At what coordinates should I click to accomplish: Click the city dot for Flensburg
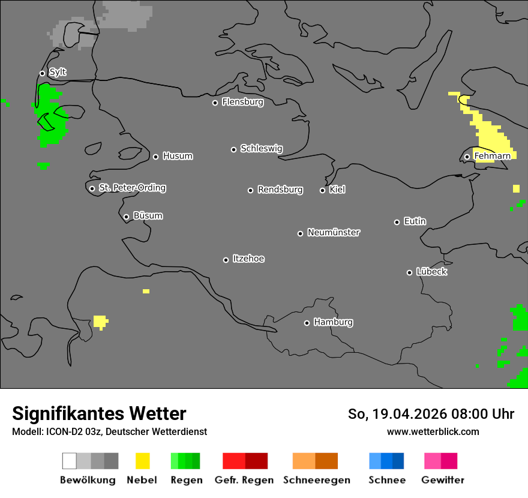click(215, 103)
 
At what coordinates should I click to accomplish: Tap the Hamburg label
click(333, 322)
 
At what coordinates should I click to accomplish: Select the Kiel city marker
click(322, 190)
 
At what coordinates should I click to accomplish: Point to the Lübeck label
click(431, 272)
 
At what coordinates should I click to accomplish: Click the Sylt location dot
click(42, 73)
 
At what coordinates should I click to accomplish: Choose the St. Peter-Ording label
click(132, 188)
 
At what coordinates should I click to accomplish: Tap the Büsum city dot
click(126, 217)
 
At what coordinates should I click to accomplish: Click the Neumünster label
click(334, 232)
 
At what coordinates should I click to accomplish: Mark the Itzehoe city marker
click(226, 260)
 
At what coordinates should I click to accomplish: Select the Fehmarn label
click(492, 156)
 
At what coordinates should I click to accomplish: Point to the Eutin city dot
click(397, 222)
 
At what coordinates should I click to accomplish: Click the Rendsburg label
click(280, 190)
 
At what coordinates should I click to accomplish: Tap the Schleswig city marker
click(233, 149)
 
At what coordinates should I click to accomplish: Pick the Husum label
click(178, 156)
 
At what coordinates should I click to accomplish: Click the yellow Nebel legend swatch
click(142, 461)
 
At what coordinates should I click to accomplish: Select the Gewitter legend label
click(443, 480)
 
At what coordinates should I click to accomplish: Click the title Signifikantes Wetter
click(99, 414)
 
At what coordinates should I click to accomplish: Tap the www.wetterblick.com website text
click(433, 431)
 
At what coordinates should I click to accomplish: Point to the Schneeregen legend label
click(317, 480)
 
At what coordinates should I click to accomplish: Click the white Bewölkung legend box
click(70, 461)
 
